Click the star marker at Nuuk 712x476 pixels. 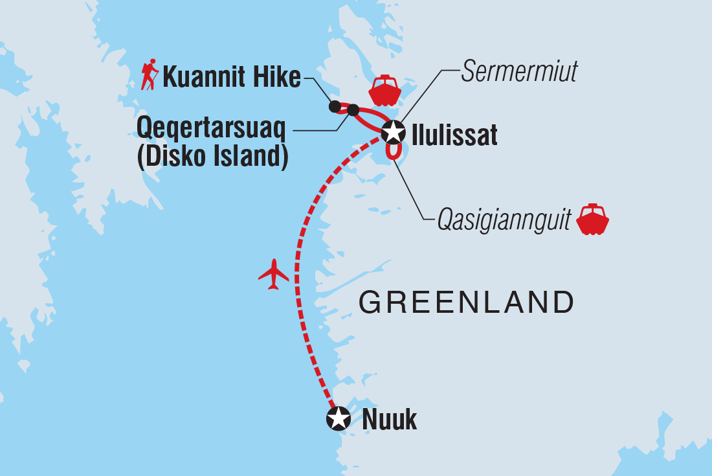tap(338, 418)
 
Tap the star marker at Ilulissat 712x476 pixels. tap(393, 132)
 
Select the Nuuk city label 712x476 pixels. tap(389, 420)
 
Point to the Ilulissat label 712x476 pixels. tap(454, 135)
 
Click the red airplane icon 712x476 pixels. tap(273, 273)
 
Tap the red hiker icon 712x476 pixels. tap(150, 76)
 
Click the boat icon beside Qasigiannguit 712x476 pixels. tap(592, 220)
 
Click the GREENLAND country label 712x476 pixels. tap(467, 302)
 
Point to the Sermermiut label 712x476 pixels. tap(518, 73)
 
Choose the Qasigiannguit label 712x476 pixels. tap(504, 220)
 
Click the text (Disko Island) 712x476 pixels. tap(213, 157)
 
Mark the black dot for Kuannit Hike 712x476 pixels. tap(335, 106)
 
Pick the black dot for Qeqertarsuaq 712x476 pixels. tap(353, 110)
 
